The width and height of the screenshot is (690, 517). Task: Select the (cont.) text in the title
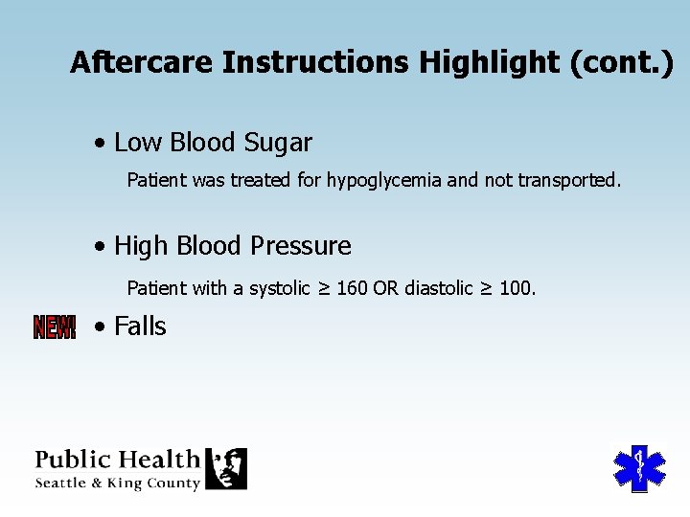click(x=621, y=63)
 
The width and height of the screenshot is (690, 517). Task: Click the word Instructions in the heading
click(x=316, y=63)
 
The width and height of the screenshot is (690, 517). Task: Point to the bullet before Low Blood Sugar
click(x=100, y=144)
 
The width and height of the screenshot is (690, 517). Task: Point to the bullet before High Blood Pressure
click(x=100, y=247)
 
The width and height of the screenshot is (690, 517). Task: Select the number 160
click(x=352, y=287)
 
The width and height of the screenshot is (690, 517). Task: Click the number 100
click(x=517, y=287)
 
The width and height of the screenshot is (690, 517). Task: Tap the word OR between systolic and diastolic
click(x=385, y=287)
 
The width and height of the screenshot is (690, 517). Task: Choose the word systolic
click(x=281, y=287)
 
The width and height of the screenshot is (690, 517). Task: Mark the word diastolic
click(x=440, y=287)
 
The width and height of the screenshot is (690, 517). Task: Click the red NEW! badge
click(x=55, y=327)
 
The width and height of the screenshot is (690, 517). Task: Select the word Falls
click(x=140, y=326)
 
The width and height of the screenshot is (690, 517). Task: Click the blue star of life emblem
click(x=638, y=468)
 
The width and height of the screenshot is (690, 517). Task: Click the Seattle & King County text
click(x=117, y=484)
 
